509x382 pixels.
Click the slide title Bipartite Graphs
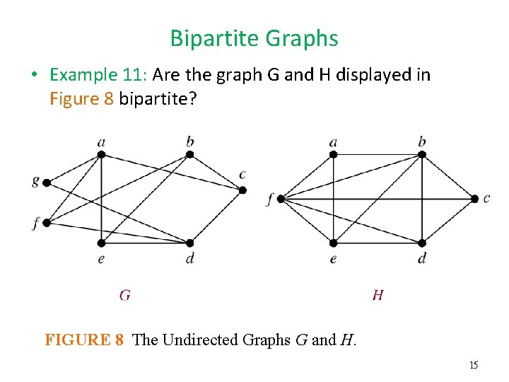coord(254,38)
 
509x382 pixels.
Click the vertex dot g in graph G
coord(47,183)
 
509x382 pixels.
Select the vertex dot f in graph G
coord(47,223)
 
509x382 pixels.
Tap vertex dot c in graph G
coord(242,190)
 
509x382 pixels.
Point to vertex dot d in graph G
coord(190,243)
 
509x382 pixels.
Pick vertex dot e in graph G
coord(102,243)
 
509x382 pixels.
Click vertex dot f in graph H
coord(280,199)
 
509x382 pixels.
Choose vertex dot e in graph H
coord(333,243)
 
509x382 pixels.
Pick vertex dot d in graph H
coord(422,243)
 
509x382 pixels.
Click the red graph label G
coord(124,295)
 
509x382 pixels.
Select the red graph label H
coord(378,295)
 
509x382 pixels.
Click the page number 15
coord(474,365)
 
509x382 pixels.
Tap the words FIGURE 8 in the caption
coord(85,340)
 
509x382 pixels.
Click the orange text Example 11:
coord(98,75)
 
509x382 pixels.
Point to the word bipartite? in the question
coord(158,98)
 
